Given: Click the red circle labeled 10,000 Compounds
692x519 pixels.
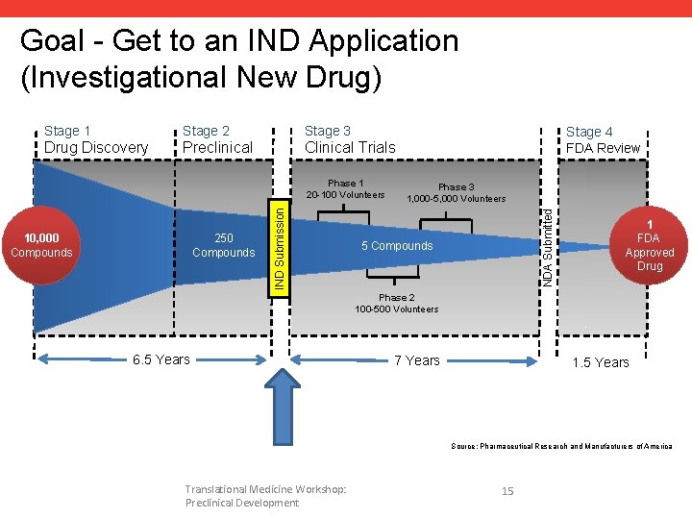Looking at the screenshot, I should [41, 246].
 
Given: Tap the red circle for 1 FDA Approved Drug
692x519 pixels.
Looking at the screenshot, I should [650, 245].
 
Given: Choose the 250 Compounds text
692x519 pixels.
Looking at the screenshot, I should [223, 246].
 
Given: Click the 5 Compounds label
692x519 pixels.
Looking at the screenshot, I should [397, 246].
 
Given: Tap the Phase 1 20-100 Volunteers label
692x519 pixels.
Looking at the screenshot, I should [345, 189].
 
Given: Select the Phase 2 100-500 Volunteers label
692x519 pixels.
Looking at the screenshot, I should [396, 304].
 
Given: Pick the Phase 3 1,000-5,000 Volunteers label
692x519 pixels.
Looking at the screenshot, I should [456, 193].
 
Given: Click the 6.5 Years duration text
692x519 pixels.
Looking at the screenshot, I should [161, 359].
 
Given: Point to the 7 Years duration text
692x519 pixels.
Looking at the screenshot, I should [417, 360].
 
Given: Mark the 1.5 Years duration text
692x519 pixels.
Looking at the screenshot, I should [600, 362].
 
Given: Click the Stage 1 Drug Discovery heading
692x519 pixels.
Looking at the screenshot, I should [96, 139].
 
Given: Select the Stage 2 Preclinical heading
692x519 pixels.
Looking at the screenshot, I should [217, 139].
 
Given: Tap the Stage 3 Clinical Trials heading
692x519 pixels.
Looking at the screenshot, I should [350, 139].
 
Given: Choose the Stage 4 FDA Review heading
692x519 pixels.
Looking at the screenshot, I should [603, 139].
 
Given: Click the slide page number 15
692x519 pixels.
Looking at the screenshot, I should [507, 491].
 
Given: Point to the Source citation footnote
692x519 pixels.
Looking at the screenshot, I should [562, 446].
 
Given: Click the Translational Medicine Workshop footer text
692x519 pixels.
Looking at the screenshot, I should [265, 496].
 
